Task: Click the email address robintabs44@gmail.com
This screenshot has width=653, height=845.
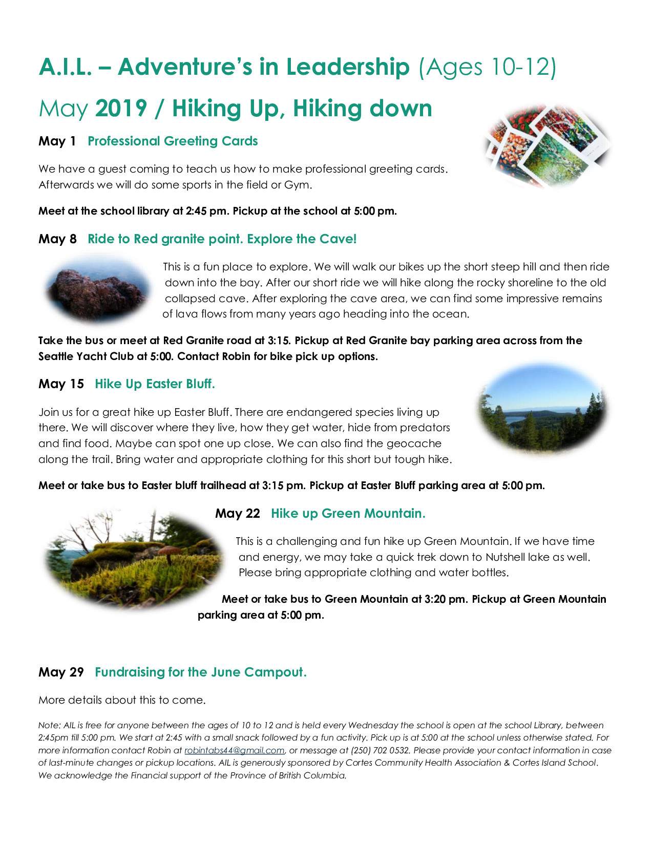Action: tap(234, 750)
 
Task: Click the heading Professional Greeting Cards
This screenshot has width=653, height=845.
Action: tap(173, 141)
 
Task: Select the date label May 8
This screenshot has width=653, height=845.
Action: tap(57, 239)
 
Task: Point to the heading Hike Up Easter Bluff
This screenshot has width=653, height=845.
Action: tap(155, 384)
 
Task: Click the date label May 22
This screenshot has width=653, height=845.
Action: tap(238, 513)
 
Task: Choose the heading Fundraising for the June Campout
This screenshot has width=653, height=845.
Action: tap(201, 672)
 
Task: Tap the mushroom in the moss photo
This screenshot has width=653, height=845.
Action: tap(170, 552)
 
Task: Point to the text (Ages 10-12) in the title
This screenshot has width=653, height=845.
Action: tap(487, 67)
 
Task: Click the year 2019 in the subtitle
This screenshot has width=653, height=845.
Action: tap(121, 108)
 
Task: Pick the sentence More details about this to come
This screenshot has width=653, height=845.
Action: tap(122, 700)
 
